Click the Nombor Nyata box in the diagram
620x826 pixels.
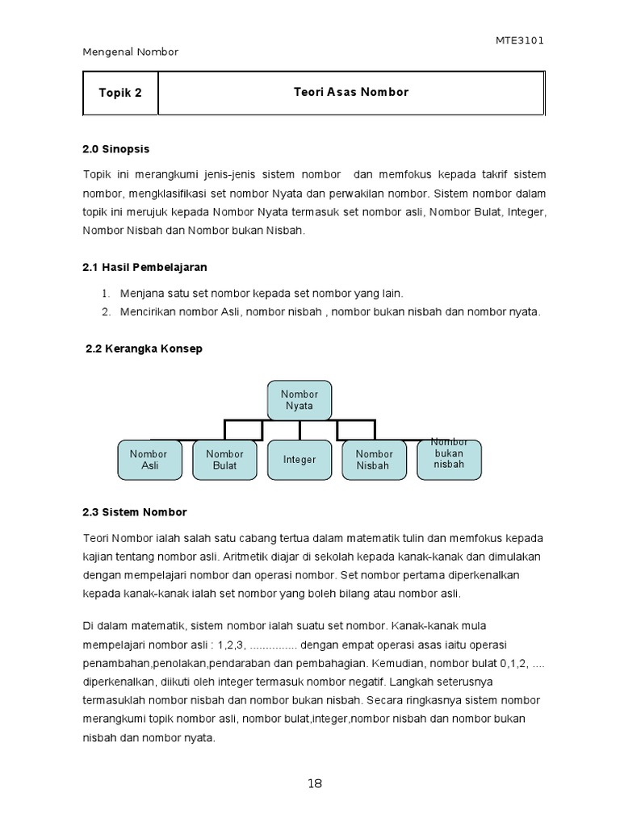pos(300,400)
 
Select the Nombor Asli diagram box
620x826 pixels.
pos(149,460)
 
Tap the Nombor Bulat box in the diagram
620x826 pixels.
pos(224,460)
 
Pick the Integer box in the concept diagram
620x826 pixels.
pos(300,460)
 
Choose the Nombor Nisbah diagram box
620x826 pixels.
pos(374,460)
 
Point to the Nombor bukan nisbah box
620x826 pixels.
pos(449,458)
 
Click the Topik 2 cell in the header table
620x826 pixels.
pos(120,93)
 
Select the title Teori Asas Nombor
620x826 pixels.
pos(351,92)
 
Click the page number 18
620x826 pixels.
pos(315,783)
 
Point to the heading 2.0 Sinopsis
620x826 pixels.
pos(116,149)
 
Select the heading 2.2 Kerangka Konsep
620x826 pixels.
pos(144,348)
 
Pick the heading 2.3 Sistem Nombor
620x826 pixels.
pos(134,512)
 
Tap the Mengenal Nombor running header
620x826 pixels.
pos(131,52)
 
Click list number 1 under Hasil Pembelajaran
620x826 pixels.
pos(106,294)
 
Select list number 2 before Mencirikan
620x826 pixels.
pos(106,311)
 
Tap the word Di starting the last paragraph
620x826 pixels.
pos(89,626)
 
